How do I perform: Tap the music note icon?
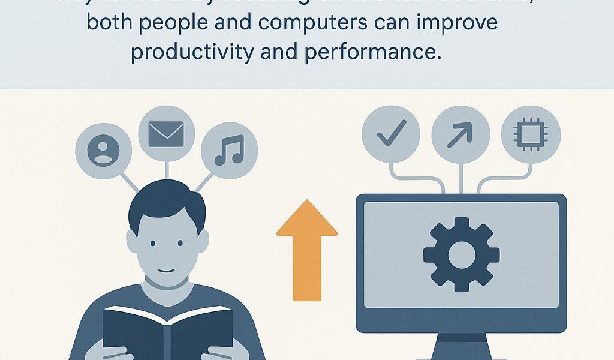229,150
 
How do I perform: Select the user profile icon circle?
103,149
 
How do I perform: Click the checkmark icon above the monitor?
391,134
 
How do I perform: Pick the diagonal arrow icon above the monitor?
460,134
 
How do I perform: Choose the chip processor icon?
530,134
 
